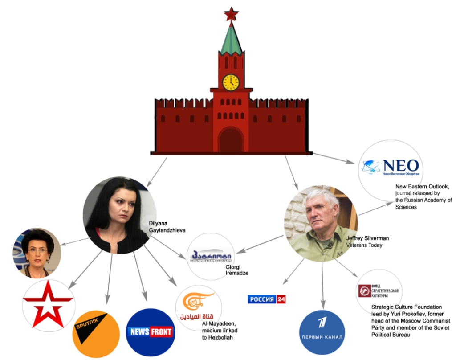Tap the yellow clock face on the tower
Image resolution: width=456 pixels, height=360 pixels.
click(231, 82)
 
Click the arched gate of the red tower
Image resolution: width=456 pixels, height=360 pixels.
click(231, 139)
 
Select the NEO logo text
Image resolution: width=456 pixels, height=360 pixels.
click(401, 166)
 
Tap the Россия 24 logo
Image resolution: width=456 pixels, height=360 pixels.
click(266, 299)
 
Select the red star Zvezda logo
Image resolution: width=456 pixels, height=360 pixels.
click(48, 306)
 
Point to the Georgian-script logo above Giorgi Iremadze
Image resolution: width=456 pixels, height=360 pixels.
click(212, 256)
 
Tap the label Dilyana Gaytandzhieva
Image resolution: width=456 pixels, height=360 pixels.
click(167, 227)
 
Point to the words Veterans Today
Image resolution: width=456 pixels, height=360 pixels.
click(364, 245)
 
